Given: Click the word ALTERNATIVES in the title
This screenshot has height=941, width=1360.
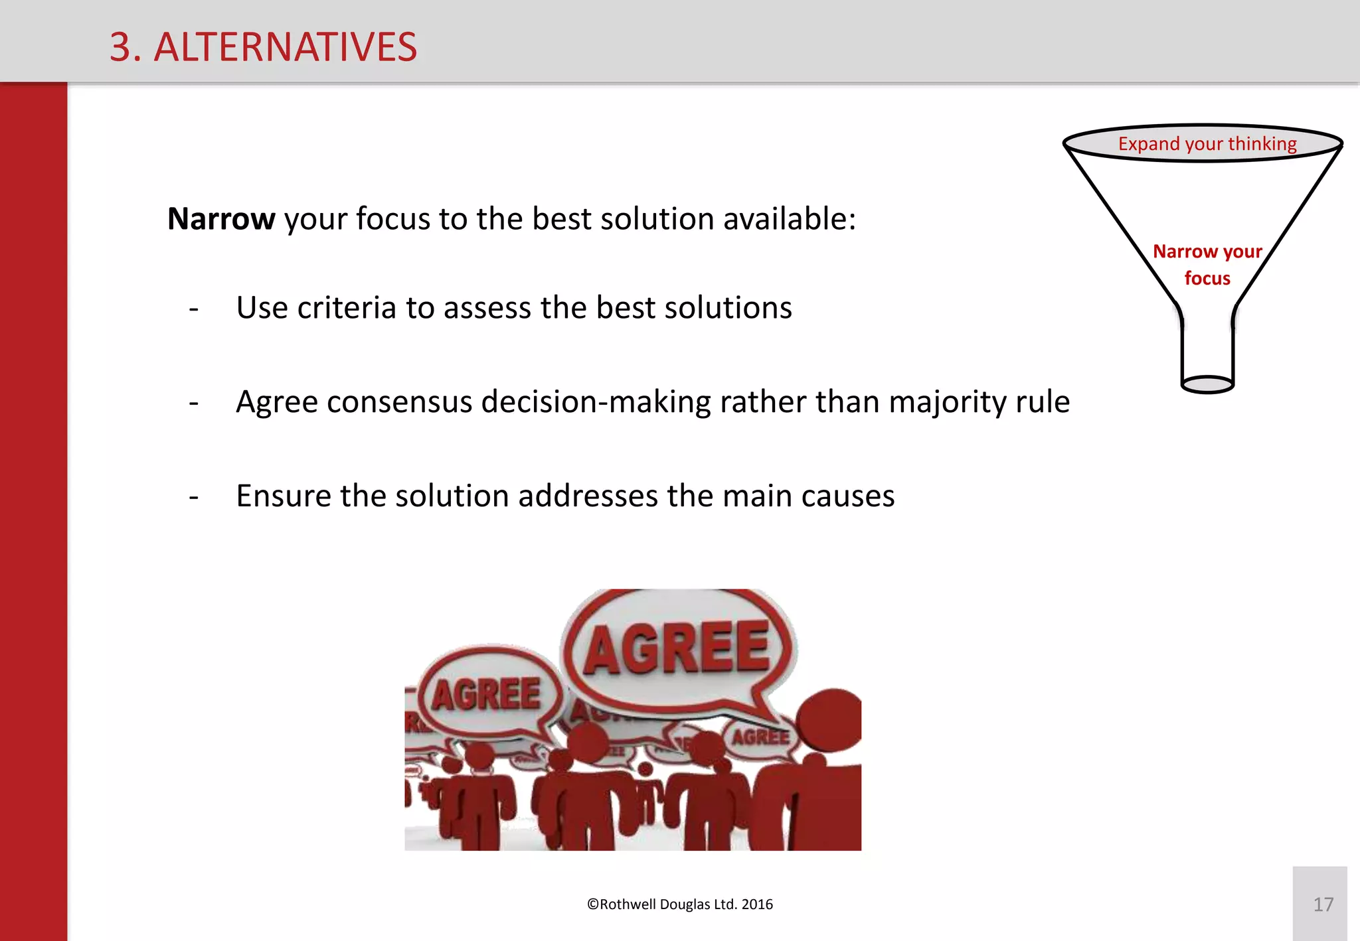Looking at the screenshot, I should [286, 48].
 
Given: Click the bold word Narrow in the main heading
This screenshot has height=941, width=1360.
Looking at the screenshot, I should [221, 219].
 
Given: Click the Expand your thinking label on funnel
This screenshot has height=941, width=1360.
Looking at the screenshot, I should [1207, 144].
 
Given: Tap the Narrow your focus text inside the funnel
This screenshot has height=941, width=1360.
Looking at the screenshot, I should [1207, 264].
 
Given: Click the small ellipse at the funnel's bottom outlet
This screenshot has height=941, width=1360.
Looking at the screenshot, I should [1207, 384].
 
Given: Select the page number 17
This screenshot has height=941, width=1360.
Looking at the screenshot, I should [1323, 905].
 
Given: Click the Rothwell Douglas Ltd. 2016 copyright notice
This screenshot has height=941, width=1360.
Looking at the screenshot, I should [680, 905].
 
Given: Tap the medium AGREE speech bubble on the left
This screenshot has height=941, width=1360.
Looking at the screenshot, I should [487, 694].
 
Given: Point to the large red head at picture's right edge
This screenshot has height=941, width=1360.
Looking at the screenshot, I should [831, 720].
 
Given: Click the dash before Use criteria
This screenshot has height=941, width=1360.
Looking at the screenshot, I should [194, 309].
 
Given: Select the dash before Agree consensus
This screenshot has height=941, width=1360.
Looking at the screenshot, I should [194, 403].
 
